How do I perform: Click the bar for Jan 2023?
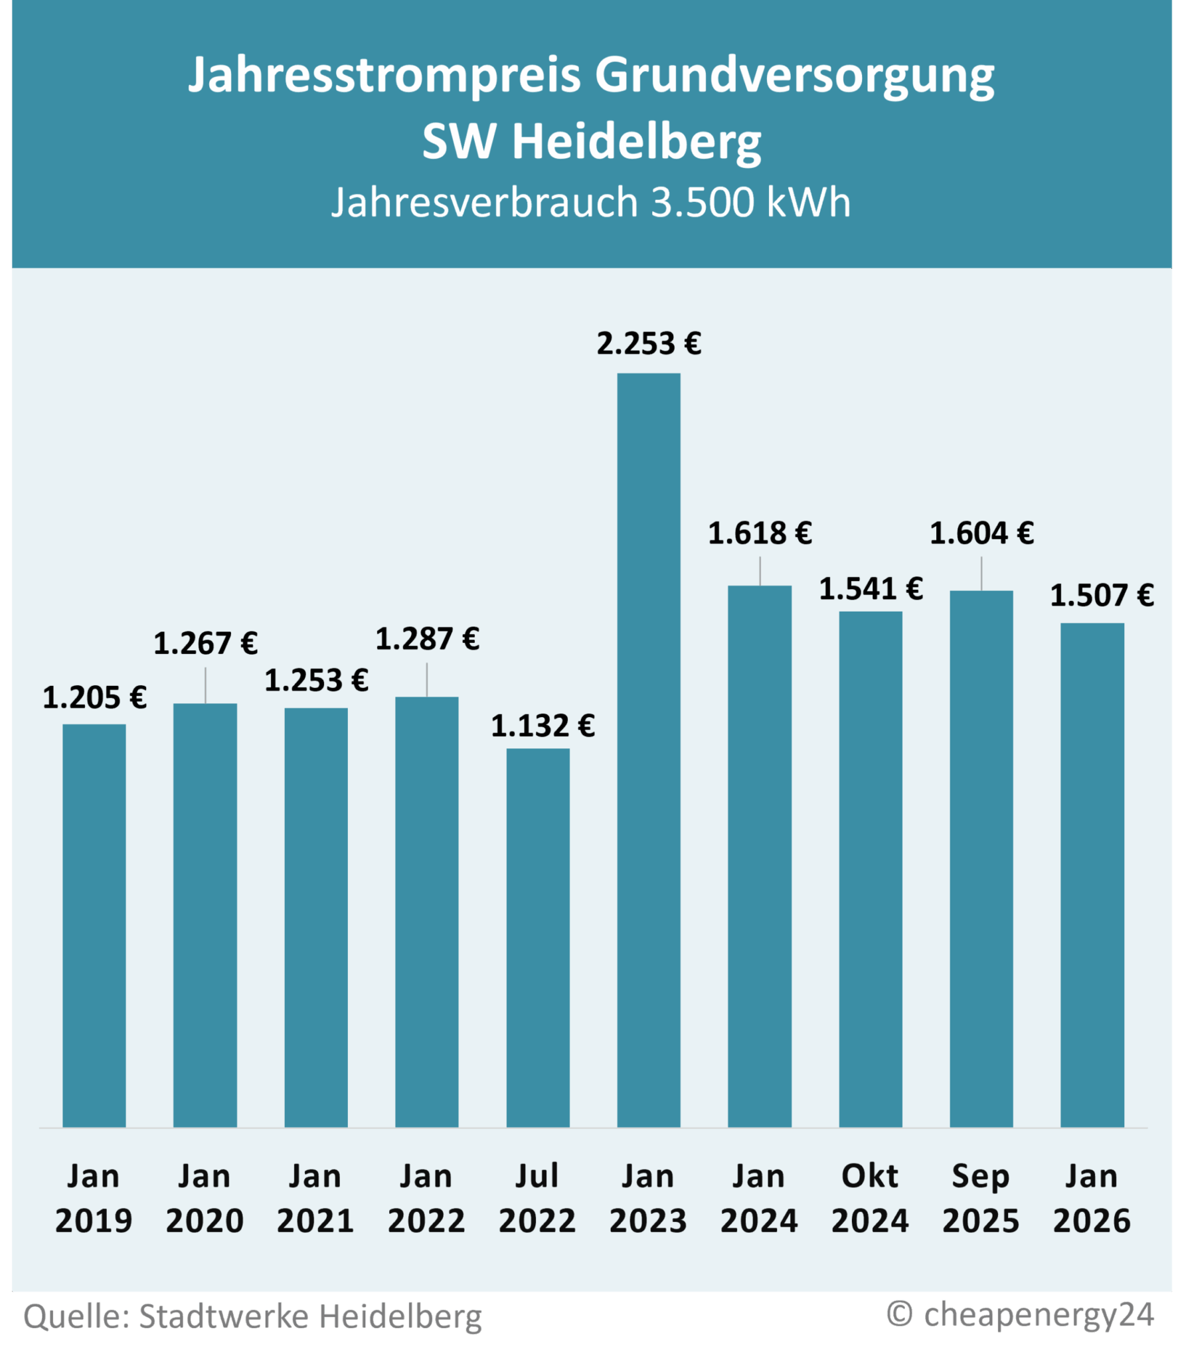648,750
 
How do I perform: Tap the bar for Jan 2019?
94,926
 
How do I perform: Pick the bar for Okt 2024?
870,869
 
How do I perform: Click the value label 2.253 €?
648,343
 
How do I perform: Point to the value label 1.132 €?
543,726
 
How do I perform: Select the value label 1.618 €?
760,533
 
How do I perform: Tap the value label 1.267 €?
205,643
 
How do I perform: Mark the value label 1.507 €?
1102,595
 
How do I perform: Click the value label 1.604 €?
981,533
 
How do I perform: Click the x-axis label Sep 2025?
981,1199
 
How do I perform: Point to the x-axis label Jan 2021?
315,1199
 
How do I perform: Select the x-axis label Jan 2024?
759,1199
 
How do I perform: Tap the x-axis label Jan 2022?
426,1199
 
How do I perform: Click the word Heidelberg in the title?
636,142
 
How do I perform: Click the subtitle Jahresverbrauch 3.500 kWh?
590,202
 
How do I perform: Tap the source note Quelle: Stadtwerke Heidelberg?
252,1316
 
